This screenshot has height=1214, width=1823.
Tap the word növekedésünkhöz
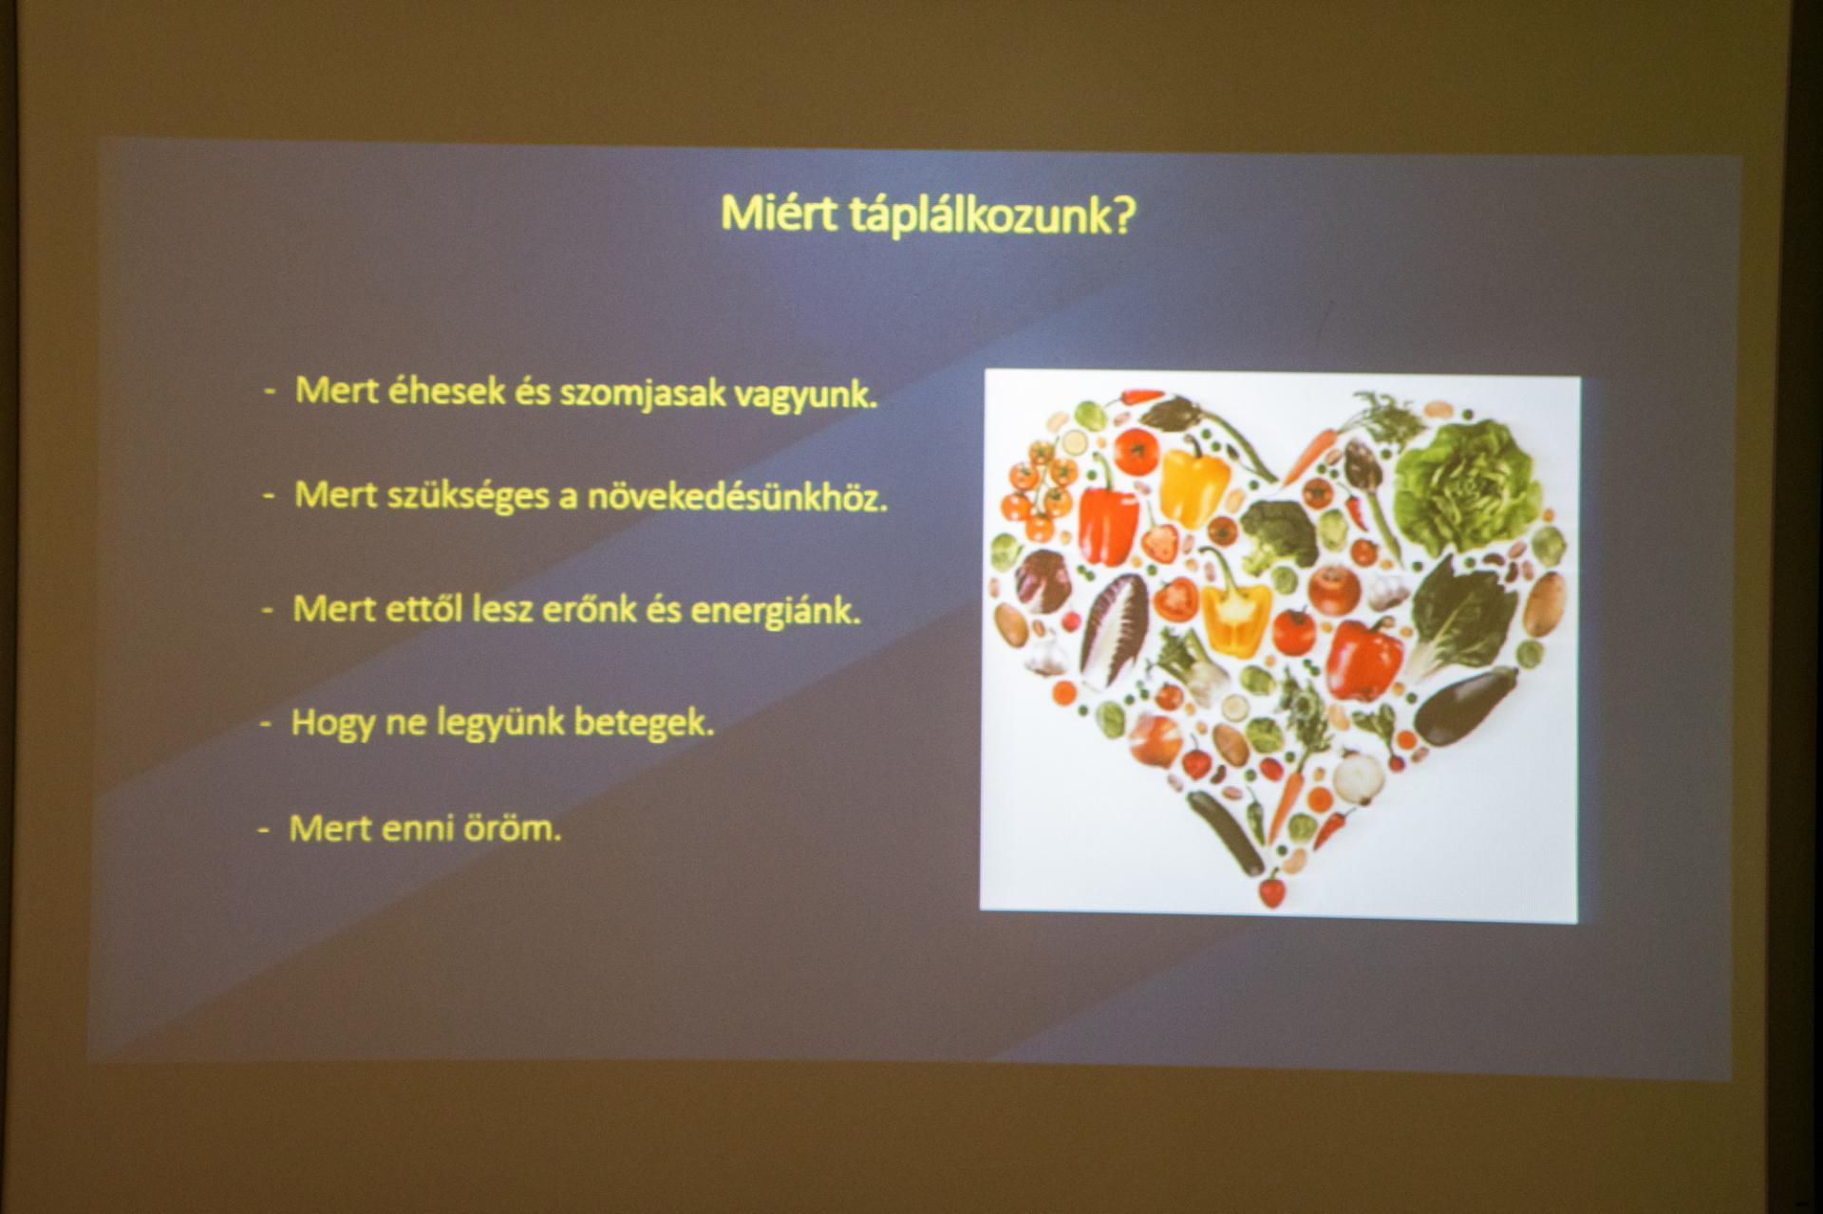pyautogui.click(x=737, y=498)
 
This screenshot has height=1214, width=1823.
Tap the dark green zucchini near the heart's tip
pyautogui.click(x=1224, y=831)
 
